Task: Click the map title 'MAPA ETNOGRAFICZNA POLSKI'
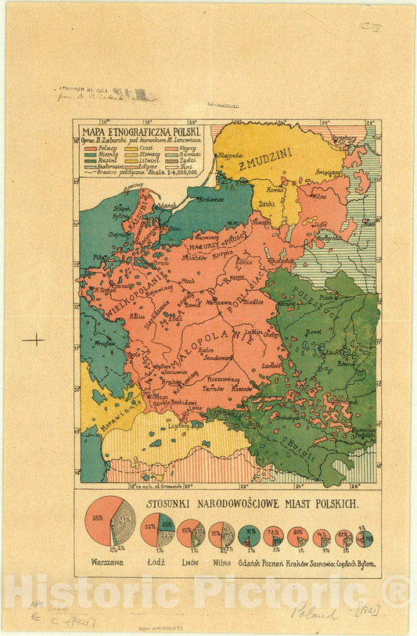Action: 138,131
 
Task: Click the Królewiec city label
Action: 210,199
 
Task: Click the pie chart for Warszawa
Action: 110,525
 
